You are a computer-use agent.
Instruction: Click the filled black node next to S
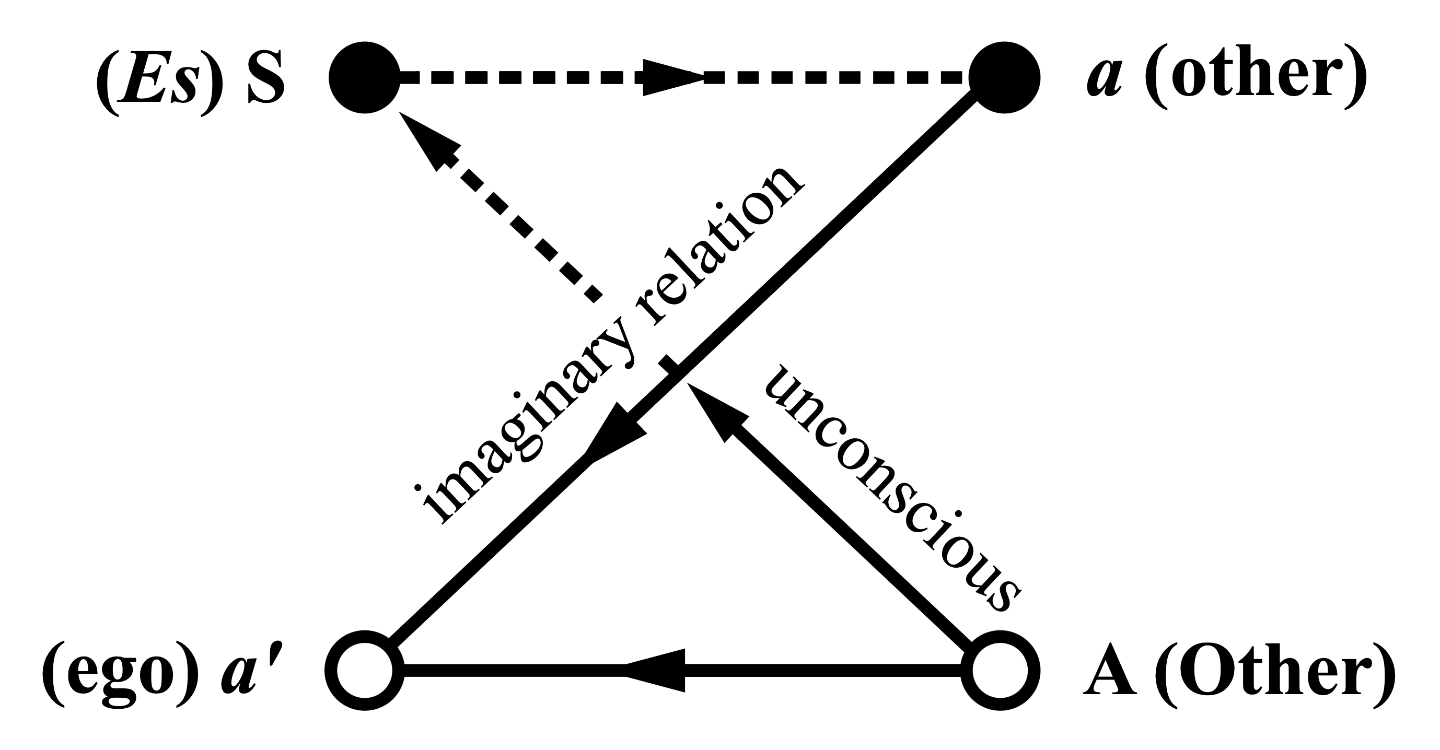(365, 77)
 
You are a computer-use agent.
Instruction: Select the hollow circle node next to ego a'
(365, 671)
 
